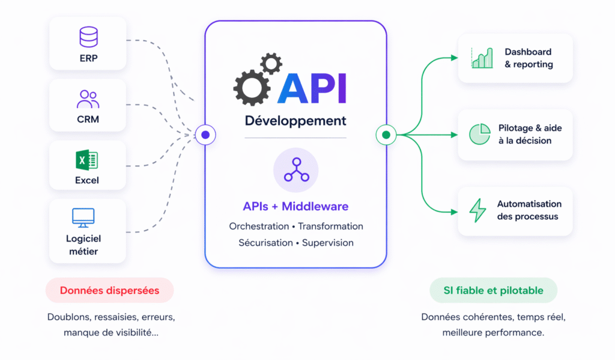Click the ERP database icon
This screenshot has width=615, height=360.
pos(88,37)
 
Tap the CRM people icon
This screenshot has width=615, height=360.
pos(88,98)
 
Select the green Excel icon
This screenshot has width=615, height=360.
pos(87,160)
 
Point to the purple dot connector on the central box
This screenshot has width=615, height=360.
pos(205,135)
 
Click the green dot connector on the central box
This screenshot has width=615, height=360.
pos(386,135)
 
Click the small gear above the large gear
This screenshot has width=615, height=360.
pos(271,63)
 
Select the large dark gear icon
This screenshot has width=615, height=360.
pos(249,87)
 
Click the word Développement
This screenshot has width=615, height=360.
pos(295,121)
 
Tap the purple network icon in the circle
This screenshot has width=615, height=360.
pos(296,169)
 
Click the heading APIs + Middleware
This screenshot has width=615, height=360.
pos(295,207)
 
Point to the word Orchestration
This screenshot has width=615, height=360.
pos(259,227)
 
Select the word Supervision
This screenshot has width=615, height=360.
pos(328,243)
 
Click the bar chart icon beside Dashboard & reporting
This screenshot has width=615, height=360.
pos(482,58)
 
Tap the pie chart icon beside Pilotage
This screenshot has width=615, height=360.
pos(479,135)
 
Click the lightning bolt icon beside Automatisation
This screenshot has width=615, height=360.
pos(477,210)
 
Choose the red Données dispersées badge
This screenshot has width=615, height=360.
pos(109,291)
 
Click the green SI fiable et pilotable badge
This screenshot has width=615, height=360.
pos(493,291)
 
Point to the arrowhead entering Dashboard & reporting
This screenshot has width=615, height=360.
pos(454,58)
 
